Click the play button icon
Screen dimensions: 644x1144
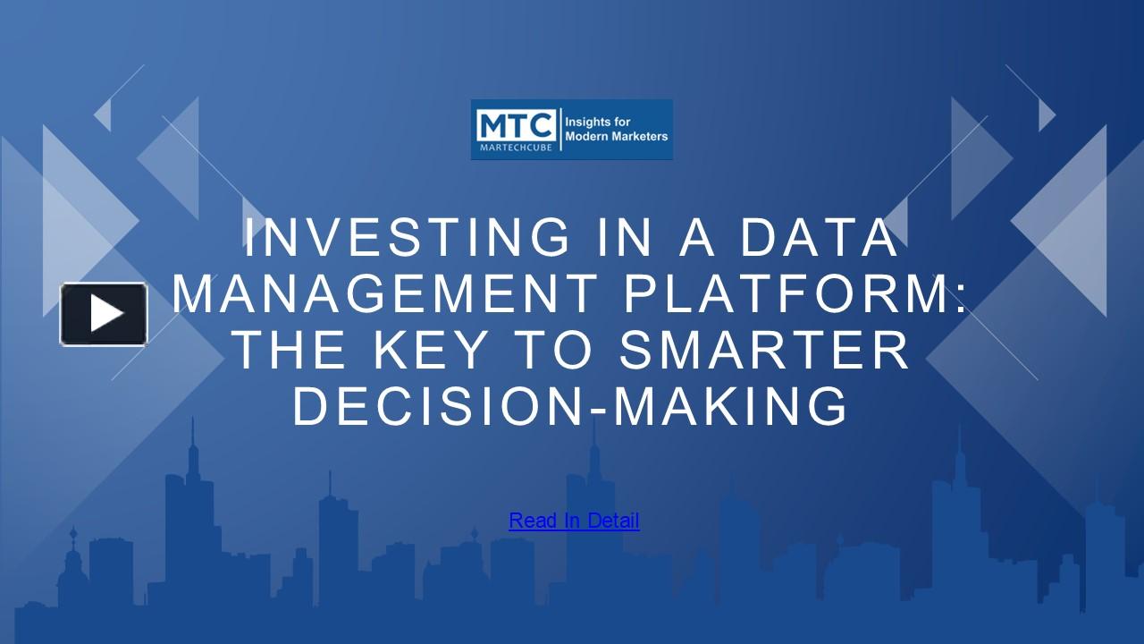pos(104,314)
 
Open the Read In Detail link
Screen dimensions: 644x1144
pos(574,521)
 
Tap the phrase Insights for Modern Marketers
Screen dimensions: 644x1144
pos(616,129)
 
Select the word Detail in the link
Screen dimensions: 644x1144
pos(613,521)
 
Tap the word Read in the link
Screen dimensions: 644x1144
pos(533,521)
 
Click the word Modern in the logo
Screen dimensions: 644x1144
pos(588,137)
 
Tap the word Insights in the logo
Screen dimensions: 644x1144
pos(589,121)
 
